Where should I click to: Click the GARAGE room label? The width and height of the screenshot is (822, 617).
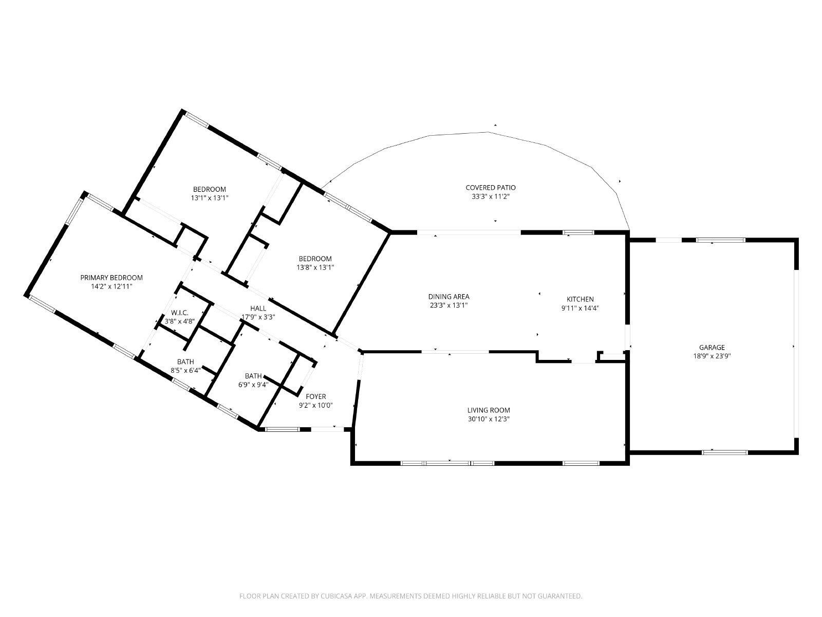pos(712,347)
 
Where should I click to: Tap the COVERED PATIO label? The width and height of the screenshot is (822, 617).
pos(491,187)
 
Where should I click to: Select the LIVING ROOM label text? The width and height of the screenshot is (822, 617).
pos(489,410)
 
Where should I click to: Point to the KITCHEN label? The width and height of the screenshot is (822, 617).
pos(580,299)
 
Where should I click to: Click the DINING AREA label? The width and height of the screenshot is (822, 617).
pos(449,297)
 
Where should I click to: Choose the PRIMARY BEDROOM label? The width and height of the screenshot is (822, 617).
pos(111,278)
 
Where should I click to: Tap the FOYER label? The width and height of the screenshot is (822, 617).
pos(315,396)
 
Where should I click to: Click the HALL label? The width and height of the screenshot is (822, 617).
pos(258,308)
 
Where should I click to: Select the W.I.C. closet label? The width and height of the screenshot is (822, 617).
pos(180,313)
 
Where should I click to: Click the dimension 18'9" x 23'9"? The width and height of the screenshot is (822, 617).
pos(712,356)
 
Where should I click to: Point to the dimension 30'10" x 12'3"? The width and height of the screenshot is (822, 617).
pos(489,419)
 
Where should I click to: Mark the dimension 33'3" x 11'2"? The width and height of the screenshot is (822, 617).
pos(491,196)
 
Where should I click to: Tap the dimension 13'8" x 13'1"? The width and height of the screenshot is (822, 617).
pos(315,267)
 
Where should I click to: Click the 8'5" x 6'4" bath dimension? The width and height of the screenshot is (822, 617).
pos(186,371)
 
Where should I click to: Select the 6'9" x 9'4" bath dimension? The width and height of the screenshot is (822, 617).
pos(253,385)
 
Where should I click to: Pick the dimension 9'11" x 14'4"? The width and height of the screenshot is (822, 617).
pos(580,308)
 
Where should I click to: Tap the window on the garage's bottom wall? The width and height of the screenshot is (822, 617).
pos(724,452)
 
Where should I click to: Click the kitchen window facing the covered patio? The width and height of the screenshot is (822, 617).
pos(578,232)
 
